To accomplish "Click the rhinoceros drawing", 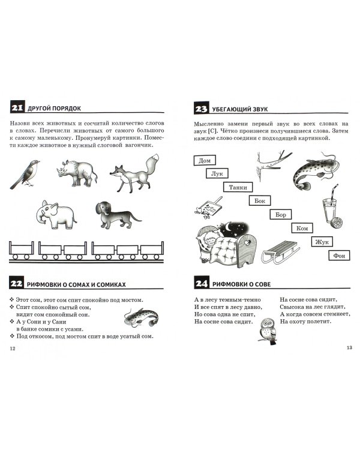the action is [76, 172].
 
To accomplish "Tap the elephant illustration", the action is [56, 214].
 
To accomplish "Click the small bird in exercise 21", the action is [25, 174].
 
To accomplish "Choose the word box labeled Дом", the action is [205, 160].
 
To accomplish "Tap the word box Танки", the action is [238, 187].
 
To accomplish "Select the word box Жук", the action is [322, 242].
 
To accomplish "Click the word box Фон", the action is [339, 255].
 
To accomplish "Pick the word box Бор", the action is [281, 214].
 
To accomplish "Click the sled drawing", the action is [280, 252].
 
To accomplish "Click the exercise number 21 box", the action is [17, 107].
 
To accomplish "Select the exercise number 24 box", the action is [202, 283].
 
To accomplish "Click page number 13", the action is [349, 347].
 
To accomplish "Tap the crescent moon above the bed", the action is [229, 227].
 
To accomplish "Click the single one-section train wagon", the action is [22, 250].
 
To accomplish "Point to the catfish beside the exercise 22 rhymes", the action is [141, 317].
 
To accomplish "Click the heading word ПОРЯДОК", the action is [67, 109].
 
